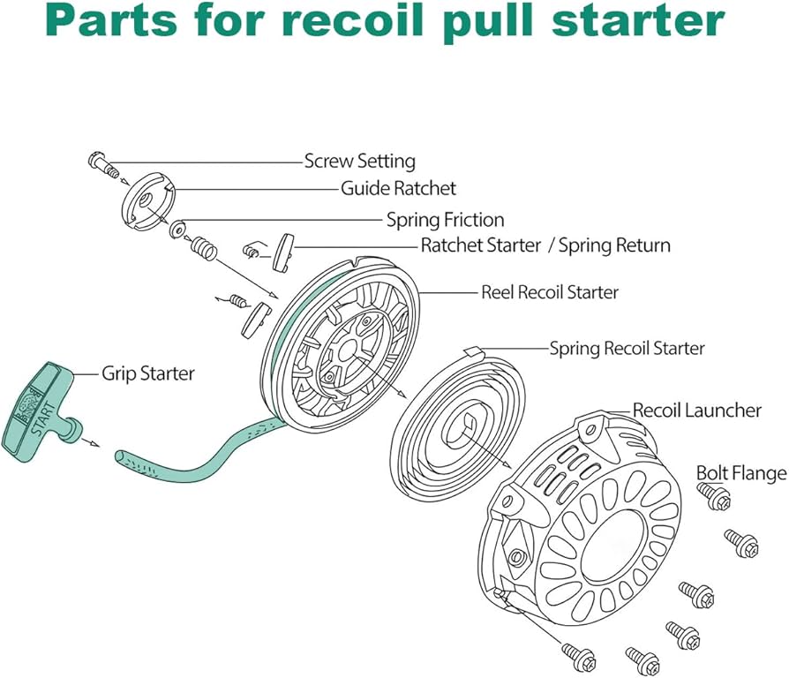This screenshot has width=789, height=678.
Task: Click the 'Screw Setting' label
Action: click(360, 161)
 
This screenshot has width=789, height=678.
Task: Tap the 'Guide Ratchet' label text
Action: click(398, 188)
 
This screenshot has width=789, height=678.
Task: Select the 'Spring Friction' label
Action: click(446, 220)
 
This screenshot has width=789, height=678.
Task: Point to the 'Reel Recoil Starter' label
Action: click(550, 292)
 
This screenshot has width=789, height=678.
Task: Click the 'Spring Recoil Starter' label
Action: click(627, 348)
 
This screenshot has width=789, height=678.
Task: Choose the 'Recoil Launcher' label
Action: click(697, 410)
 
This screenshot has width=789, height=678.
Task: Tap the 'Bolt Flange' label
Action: click(741, 473)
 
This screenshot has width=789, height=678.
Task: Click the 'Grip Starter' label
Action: click(148, 373)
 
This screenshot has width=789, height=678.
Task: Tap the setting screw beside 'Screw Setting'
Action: click(104, 165)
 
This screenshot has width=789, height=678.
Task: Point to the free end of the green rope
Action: click(121, 457)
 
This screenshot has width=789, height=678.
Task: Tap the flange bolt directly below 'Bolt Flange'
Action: click(714, 495)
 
